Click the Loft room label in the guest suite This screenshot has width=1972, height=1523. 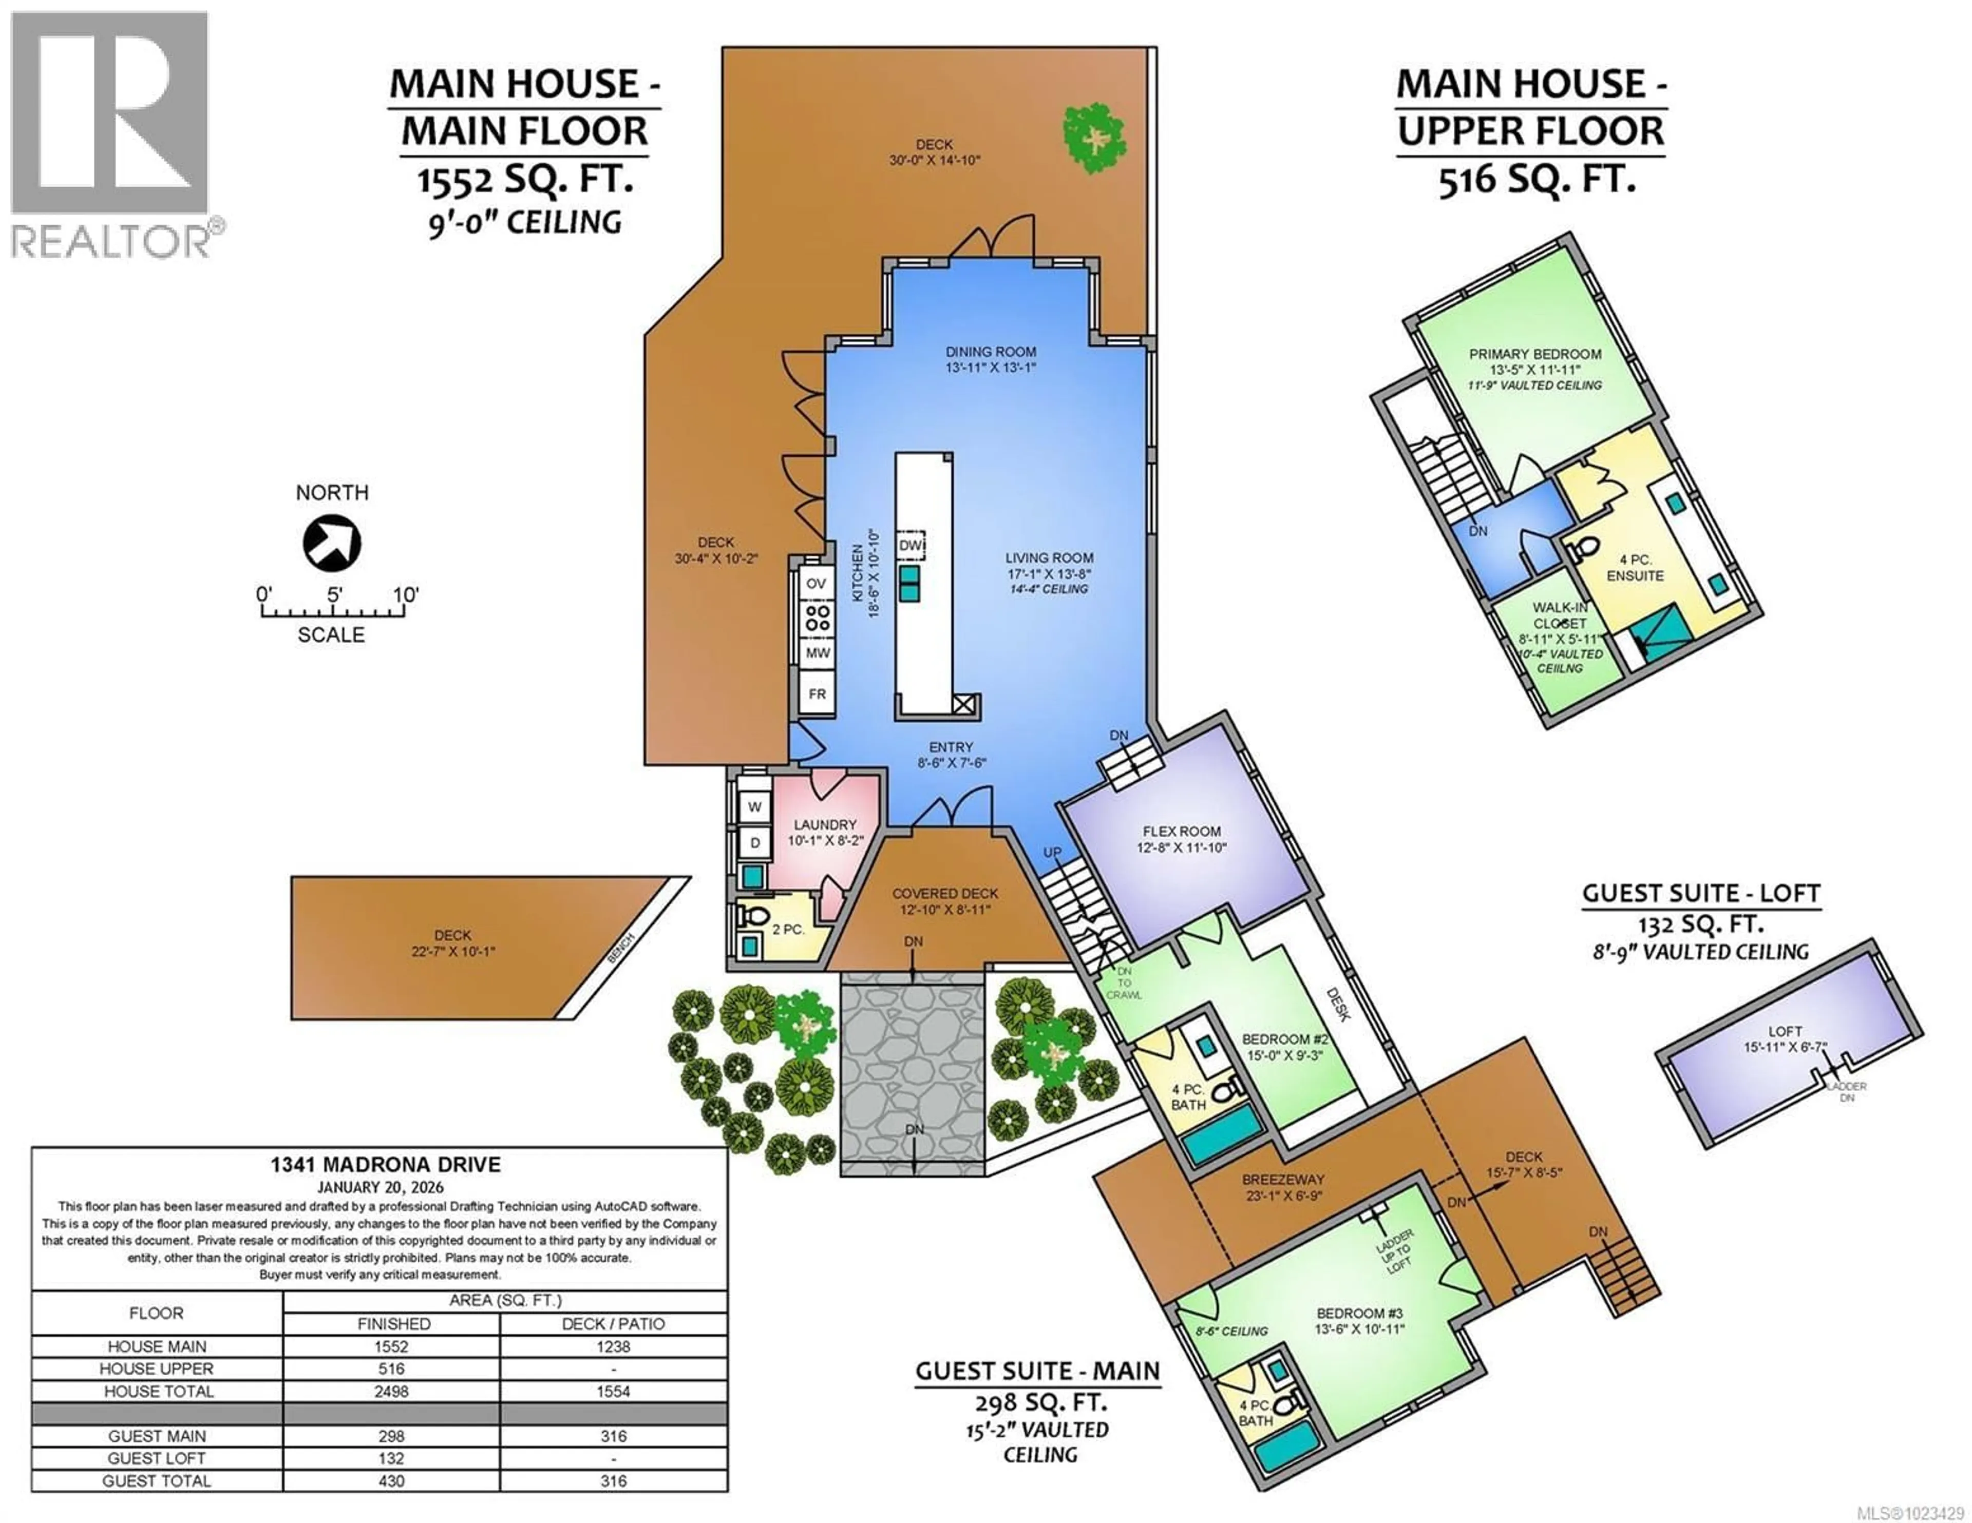pos(1785,1031)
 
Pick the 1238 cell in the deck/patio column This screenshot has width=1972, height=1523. pos(613,1346)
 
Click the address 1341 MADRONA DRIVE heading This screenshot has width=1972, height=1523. pos(386,1165)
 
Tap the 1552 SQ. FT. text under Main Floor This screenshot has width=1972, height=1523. pos(525,180)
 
